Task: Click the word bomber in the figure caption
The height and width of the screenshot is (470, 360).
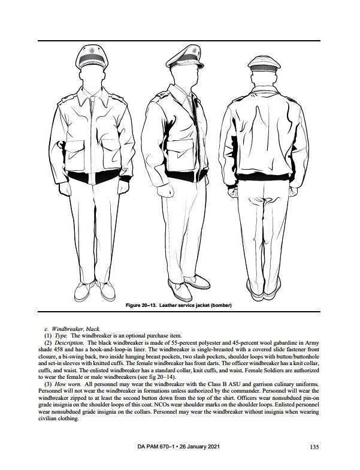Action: pos(219,306)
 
